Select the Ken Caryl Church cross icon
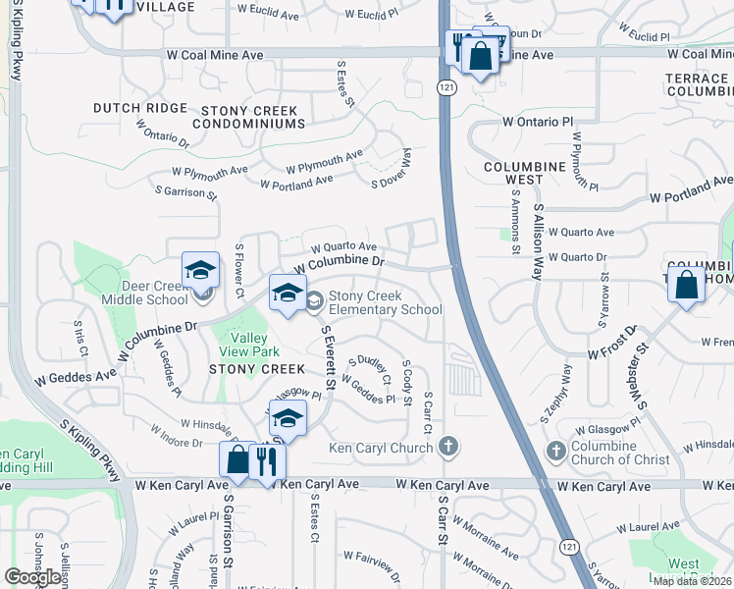[x=448, y=448]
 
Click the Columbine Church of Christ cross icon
[x=555, y=450]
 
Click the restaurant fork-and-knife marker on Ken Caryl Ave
[x=266, y=461]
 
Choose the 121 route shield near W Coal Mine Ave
[x=446, y=88]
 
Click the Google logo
[x=32, y=576]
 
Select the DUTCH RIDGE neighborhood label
[x=139, y=107]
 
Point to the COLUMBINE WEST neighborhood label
[x=525, y=174]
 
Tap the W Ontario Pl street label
[x=537, y=122]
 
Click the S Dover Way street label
[x=391, y=168]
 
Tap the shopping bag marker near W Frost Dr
[x=687, y=286]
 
